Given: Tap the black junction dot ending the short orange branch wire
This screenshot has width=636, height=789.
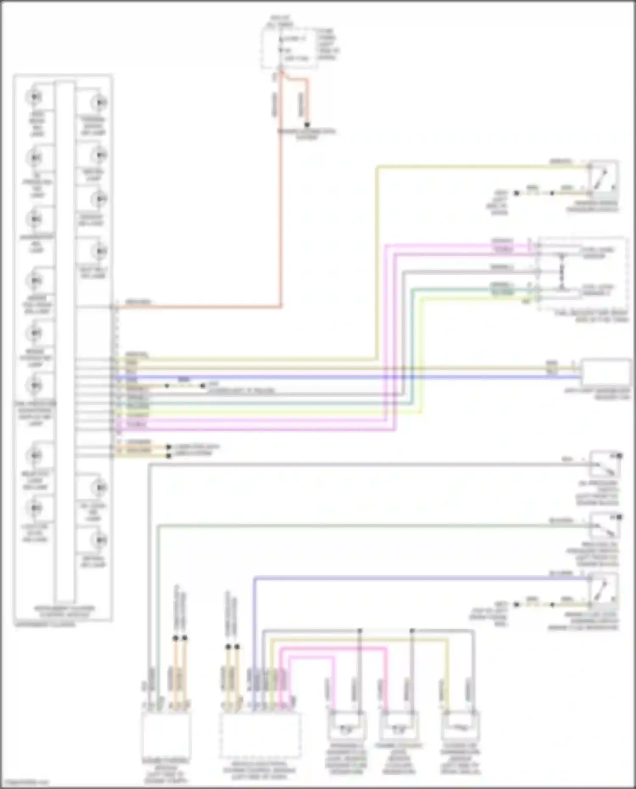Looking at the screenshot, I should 307,125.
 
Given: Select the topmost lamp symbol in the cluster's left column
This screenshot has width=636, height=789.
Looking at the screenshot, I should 34,97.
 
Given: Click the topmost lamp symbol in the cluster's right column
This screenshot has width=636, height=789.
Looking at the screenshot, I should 100,103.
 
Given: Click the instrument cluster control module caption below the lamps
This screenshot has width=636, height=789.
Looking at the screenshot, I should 64,611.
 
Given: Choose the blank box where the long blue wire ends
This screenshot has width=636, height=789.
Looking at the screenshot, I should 605,372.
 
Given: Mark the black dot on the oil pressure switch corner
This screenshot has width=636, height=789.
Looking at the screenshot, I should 619,456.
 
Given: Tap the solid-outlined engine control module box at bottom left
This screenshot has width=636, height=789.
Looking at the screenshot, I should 166,734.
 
